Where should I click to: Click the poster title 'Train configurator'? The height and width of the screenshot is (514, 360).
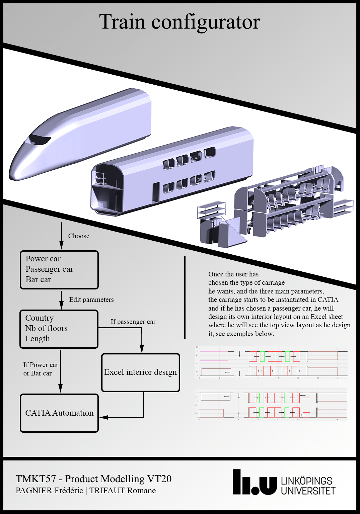(x=179, y=22)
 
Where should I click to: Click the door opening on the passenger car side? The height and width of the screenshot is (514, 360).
(x=156, y=192)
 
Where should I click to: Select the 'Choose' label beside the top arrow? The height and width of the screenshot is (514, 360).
(x=79, y=236)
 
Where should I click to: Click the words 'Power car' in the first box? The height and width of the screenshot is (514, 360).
(x=43, y=259)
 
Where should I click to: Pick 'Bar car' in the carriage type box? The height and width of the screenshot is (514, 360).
(x=38, y=279)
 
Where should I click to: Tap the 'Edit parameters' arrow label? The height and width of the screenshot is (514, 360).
(x=91, y=299)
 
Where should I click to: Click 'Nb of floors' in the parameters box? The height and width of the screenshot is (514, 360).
(x=47, y=328)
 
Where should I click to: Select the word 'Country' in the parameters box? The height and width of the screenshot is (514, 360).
(x=40, y=318)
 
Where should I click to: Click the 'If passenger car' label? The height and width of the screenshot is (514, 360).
(x=133, y=322)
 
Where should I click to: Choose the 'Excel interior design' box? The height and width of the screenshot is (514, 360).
(x=140, y=372)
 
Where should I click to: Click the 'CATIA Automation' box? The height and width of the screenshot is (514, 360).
(x=59, y=413)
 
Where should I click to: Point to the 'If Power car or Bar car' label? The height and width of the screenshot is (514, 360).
(x=41, y=369)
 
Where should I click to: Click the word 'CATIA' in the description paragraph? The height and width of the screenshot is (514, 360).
(x=328, y=299)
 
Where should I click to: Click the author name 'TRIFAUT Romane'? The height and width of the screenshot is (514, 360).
(x=123, y=491)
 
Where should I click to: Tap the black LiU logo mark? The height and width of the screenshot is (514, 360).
(x=255, y=483)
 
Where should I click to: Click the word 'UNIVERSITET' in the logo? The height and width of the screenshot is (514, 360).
(x=308, y=491)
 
